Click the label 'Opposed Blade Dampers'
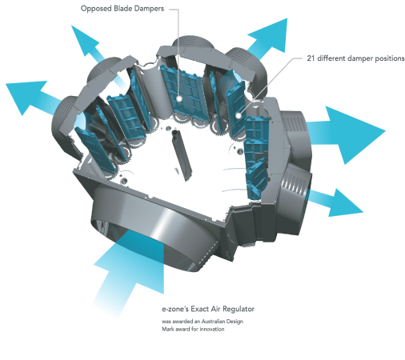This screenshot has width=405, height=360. coord(122,9)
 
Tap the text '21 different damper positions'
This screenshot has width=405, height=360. coord(355,58)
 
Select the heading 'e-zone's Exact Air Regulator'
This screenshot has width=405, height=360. coord(208,309)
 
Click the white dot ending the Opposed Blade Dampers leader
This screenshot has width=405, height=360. coord(179,98)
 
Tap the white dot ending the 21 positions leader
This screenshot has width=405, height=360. coord(239,116)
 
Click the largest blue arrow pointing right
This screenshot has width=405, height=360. coord(347,134)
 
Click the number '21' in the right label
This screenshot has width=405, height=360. coord(311,58)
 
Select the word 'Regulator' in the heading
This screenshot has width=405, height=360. coord(239,309)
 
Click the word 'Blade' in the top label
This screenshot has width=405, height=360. coord(122,9)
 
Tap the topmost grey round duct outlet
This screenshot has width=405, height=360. coord(193,42)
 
